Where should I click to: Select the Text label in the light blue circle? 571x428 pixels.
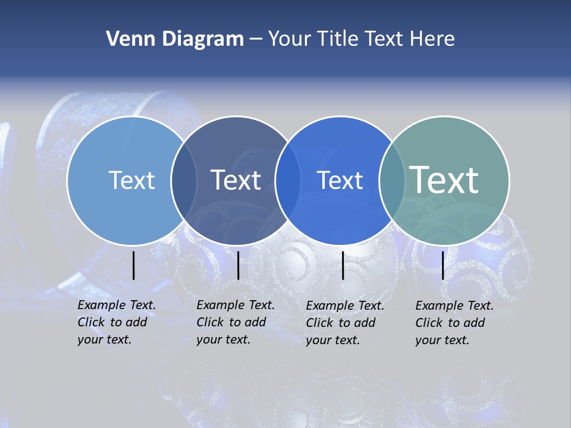(131, 180)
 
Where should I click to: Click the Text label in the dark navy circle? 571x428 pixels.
(236, 180)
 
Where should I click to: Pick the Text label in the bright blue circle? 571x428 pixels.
(340, 180)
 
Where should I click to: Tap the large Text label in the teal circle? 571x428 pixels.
(444, 180)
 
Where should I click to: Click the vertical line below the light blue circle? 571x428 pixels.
(134, 265)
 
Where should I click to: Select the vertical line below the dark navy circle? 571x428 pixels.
(238, 265)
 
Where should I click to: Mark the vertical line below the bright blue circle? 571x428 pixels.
(343, 265)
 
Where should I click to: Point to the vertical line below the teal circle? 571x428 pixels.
(443, 265)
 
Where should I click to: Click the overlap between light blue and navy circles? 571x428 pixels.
(184, 180)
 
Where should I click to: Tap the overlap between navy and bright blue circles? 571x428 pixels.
(288, 180)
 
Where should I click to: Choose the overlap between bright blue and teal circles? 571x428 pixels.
(392, 180)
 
